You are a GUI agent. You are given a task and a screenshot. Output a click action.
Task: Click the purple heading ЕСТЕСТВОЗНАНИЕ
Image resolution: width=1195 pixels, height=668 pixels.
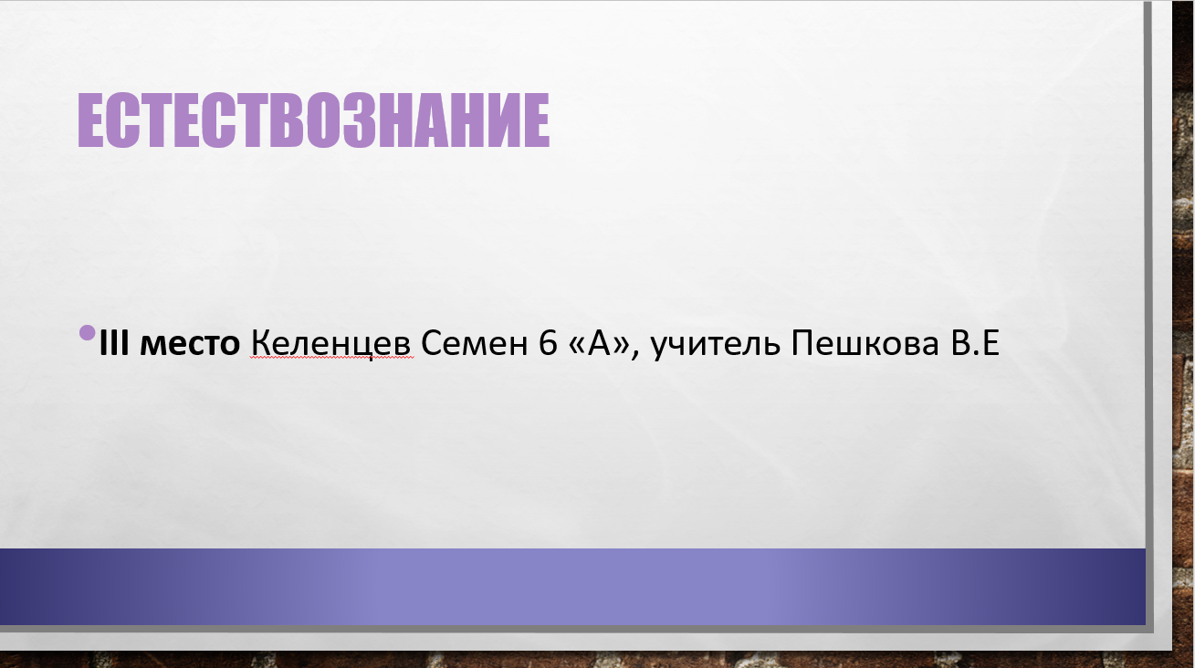click(313, 120)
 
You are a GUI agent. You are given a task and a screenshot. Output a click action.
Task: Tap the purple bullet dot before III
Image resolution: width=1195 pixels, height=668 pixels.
click(87, 333)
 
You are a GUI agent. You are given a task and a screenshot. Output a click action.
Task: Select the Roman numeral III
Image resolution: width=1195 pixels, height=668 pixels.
click(114, 342)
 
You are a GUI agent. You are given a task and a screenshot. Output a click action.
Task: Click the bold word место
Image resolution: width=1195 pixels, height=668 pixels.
click(189, 344)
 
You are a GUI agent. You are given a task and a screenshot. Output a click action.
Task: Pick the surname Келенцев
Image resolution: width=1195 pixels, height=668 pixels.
click(331, 344)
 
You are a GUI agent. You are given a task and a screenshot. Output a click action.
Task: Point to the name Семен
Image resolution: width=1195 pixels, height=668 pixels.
click(475, 343)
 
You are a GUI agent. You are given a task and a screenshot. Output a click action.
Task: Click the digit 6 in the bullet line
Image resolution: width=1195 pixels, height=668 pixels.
click(548, 343)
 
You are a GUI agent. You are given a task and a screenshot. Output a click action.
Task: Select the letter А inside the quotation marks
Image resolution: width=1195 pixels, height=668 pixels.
click(600, 343)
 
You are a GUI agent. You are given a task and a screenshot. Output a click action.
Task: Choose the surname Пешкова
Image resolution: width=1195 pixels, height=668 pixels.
click(865, 343)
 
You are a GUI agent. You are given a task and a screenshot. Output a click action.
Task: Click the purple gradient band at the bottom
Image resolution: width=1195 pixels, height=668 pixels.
click(572, 587)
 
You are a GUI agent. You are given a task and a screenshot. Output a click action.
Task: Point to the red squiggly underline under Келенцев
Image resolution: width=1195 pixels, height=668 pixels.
click(331, 359)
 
